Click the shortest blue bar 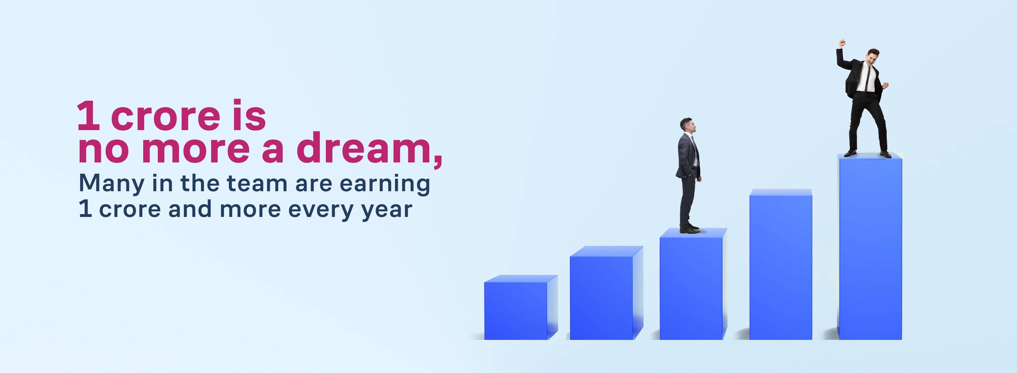tap(521, 307)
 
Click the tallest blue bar tap(870, 246)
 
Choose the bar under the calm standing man tap(693, 284)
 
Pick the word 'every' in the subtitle tap(321, 210)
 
